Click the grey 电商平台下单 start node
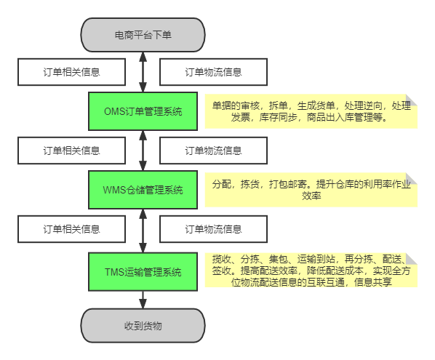143,35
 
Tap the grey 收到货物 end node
143,326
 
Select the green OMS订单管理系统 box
143,111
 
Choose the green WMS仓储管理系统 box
143,190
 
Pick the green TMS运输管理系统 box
143,272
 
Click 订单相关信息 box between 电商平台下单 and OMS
71,72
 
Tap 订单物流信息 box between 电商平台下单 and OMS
213,72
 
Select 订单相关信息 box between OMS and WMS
71,151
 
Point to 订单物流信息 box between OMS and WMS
213,151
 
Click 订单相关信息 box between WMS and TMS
71,229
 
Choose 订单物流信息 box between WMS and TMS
213,229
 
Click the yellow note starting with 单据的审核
311,111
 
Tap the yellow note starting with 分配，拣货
311,190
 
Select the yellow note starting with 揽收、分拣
311,270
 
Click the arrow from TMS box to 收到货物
143,300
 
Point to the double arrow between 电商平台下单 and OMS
143,72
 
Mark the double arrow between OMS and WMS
143,151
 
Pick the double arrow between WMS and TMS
143,231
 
